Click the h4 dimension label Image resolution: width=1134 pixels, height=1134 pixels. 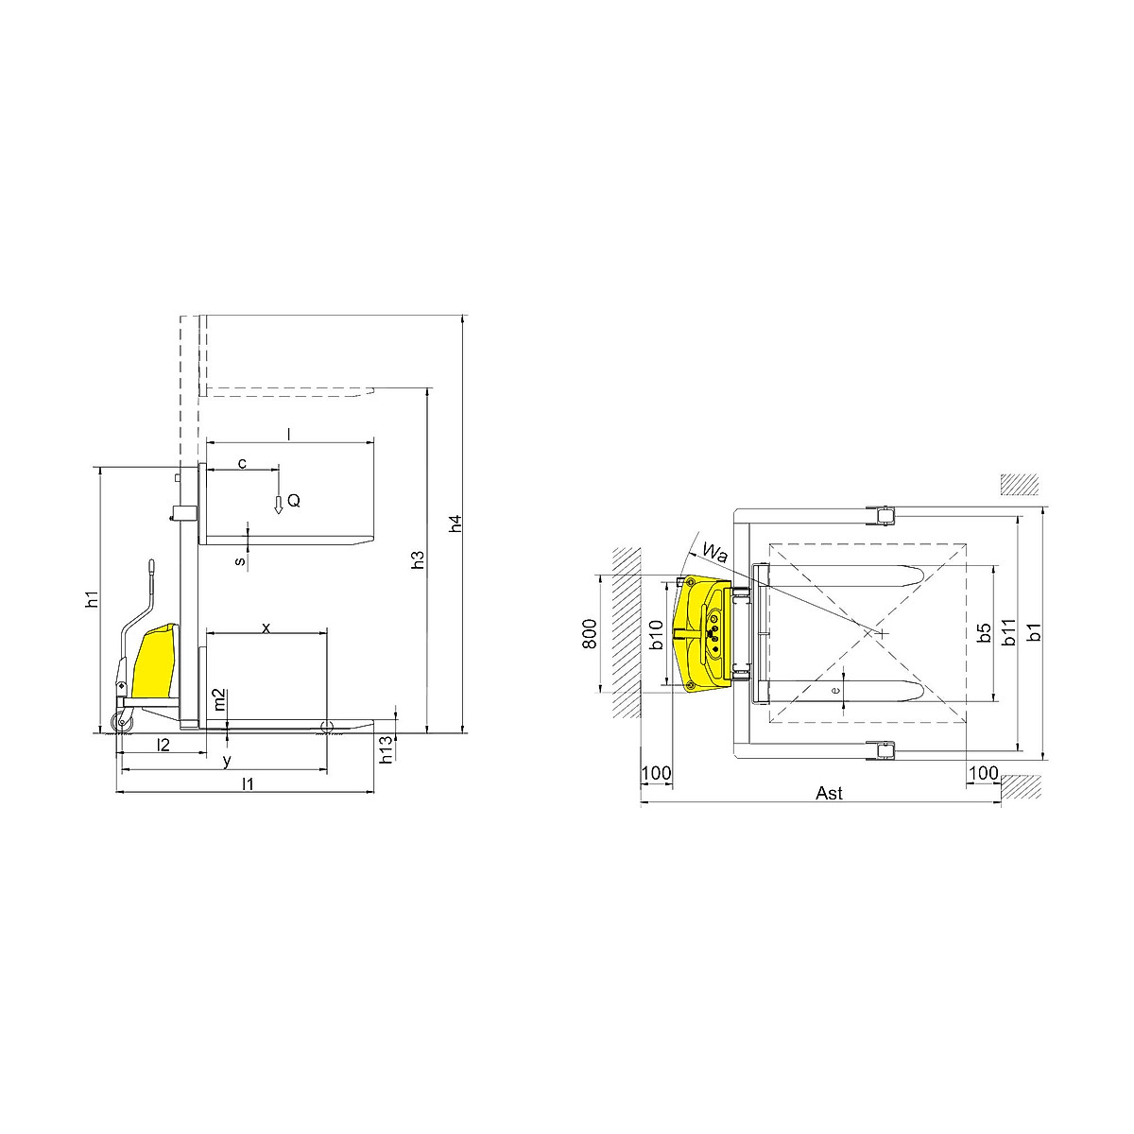(455, 524)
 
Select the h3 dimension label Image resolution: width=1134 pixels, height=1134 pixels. (418, 559)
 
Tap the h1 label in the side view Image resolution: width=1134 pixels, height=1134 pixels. (92, 599)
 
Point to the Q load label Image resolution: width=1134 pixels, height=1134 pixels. (294, 501)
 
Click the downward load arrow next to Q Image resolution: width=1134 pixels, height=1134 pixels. (279, 505)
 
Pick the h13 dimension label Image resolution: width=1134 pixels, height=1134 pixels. (387, 749)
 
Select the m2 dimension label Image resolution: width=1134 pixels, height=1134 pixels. (219, 699)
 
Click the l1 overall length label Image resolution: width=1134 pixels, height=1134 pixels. (249, 783)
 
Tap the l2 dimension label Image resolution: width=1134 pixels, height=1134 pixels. (163, 745)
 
